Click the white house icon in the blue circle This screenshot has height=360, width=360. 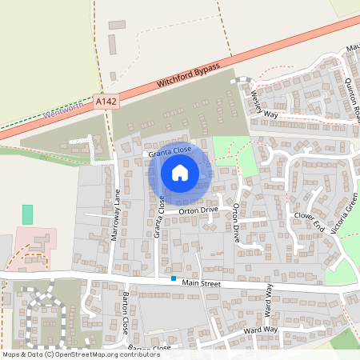coord(180,172)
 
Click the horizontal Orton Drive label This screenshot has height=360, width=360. coord(198,210)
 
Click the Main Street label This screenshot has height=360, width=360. coord(200,282)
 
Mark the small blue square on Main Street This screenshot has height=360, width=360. coord(173,278)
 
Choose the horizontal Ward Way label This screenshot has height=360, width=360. coord(260,330)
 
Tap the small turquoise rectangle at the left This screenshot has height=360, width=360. coord(27,214)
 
